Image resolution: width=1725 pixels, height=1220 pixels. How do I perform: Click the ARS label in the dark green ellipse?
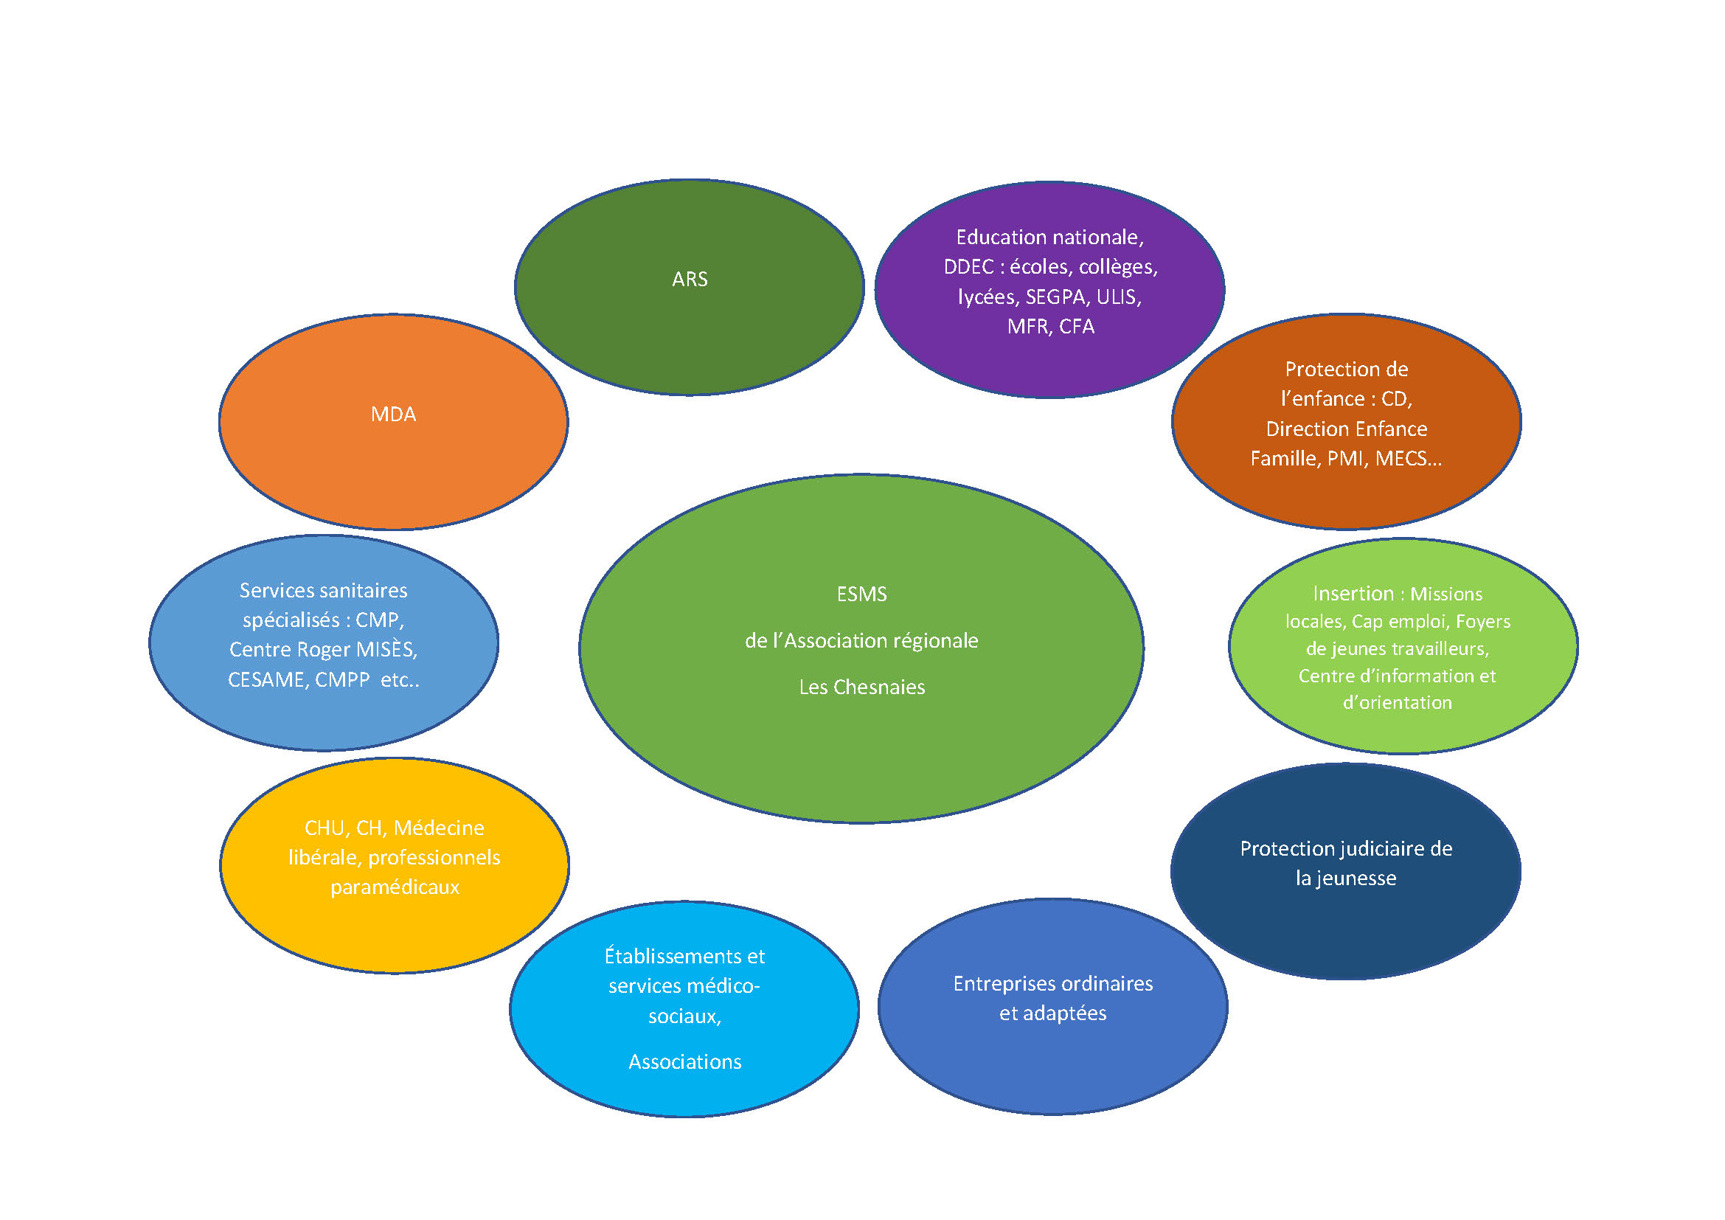pos(689,280)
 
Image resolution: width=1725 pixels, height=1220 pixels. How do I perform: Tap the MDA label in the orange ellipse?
pos(393,415)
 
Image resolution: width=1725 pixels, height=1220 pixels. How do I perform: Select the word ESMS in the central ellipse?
pos(861,595)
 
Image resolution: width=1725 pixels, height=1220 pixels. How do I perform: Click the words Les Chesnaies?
pos(861,687)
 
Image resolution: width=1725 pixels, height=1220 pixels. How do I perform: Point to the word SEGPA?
pos(1055,297)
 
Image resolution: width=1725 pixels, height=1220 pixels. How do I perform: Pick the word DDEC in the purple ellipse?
pos(968,268)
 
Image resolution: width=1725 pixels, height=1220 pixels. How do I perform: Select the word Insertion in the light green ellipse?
pos(1353,595)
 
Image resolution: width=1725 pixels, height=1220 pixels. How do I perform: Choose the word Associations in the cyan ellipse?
pos(684,1062)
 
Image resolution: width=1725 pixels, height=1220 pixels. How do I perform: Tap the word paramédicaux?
pos(395,888)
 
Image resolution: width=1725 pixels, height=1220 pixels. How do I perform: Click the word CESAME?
pos(267,681)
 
